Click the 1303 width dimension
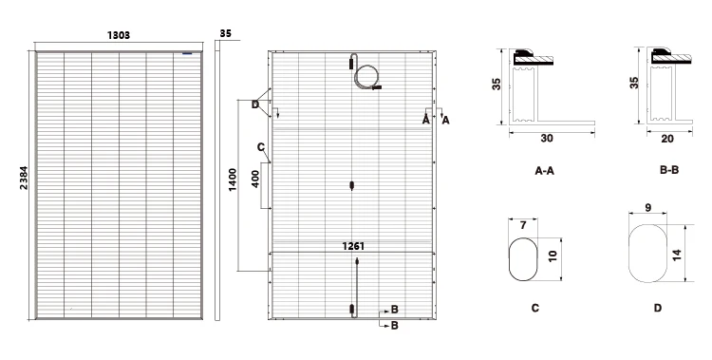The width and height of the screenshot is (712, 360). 119,35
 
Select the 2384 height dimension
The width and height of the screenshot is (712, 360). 24,179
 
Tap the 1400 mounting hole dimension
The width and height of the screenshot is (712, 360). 233,180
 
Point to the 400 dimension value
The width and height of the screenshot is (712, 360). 255,180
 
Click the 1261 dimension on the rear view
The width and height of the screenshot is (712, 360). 353,246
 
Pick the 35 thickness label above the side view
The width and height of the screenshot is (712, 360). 225,33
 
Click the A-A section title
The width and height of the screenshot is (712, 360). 544,171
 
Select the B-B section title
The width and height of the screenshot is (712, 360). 669,170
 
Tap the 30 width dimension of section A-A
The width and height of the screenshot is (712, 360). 547,139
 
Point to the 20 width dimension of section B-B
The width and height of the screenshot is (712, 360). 667,139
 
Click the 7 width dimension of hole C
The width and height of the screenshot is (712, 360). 523,225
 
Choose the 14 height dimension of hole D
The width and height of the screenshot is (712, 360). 677,255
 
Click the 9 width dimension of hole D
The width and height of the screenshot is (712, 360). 648,208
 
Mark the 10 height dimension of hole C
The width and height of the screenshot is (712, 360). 553,256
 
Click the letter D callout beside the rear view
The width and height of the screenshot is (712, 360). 255,105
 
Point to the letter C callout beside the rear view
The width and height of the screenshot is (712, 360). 261,147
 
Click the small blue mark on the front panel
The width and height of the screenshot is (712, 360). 187,53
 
